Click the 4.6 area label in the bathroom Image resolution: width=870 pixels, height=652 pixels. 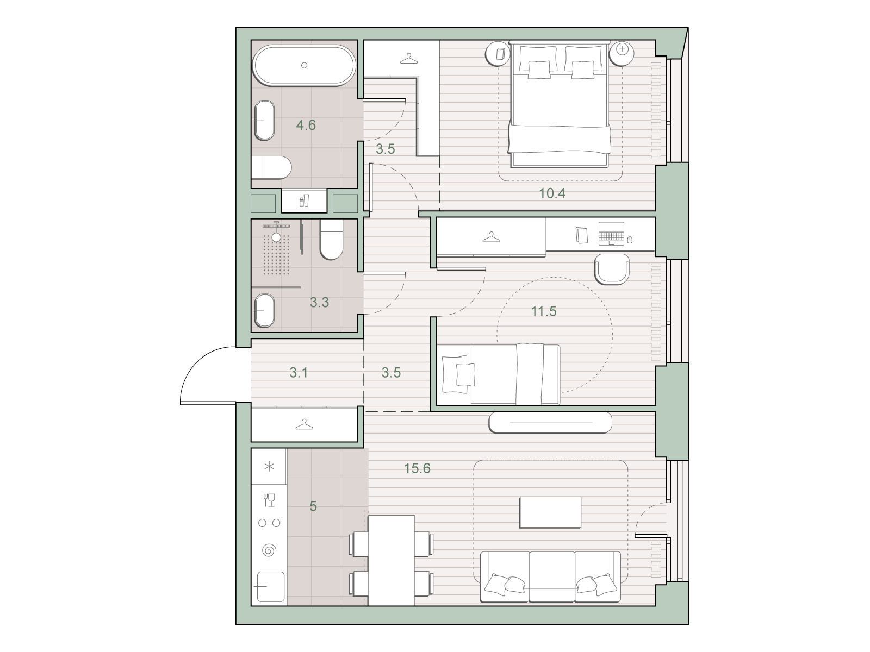pos(306,125)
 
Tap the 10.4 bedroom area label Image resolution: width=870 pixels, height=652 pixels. pos(552,193)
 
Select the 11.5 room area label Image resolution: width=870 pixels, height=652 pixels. pos(544,311)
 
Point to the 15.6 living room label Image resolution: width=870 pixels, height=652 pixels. pos(417,468)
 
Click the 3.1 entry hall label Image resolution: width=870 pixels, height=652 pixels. pos(299,373)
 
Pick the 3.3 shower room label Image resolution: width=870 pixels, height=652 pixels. pos(320,303)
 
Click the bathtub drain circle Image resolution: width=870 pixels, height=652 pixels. pos(304,65)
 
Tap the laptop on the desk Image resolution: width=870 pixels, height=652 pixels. pos(611,233)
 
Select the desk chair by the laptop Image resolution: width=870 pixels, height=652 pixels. pos(612,269)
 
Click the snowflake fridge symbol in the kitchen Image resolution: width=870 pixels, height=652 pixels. pos(269,467)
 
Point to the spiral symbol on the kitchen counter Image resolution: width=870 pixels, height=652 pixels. pos(269,550)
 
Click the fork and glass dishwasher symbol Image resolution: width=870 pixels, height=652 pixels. pos(269,499)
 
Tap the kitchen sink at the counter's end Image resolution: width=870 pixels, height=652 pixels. pos(271,586)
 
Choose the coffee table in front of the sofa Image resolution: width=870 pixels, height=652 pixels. pos(550,512)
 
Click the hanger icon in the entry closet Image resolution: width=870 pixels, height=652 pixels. pos(304,425)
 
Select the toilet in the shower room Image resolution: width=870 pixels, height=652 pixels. pos(331,240)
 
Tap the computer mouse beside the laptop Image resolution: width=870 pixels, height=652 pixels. pos(630,240)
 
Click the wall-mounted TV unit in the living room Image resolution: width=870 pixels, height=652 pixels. pos(550,422)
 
